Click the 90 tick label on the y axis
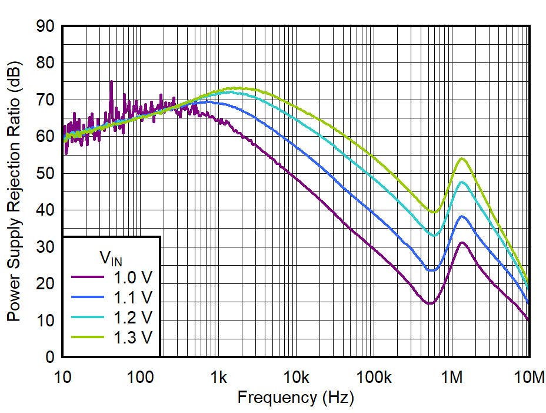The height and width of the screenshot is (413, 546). pyautogui.click(x=46, y=27)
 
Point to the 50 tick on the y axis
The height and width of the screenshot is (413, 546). pyautogui.click(x=62, y=173)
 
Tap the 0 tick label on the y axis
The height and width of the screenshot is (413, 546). pyautogui.click(x=51, y=357)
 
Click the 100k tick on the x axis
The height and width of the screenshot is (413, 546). pyautogui.click(x=374, y=357)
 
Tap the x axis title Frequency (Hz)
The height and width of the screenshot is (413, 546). pyautogui.click(x=295, y=398)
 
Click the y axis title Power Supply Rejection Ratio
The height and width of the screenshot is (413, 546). pyautogui.click(x=13, y=191)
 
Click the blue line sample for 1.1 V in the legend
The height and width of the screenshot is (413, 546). pyautogui.click(x=88, y=296)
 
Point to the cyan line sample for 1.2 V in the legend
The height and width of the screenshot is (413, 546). pyautogui.click(x=88, y=317)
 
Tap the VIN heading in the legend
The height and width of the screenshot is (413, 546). pyautogui.click(x=111, y=257)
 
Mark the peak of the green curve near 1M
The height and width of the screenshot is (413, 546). pyautogui.click(x=462, y=158)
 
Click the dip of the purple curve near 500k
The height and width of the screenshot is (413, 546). pyautogui.click(x=430, y=303)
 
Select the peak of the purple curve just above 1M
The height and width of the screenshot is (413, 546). pyautogui.click(x=462, y=243)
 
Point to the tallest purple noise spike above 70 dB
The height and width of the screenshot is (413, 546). pyautogui.click(x=111, y=82)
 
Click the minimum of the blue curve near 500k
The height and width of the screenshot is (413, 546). pyautogui.click(x=431, y=270)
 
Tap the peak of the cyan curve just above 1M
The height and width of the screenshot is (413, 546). pyautogui.click(x=462, y=182)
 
